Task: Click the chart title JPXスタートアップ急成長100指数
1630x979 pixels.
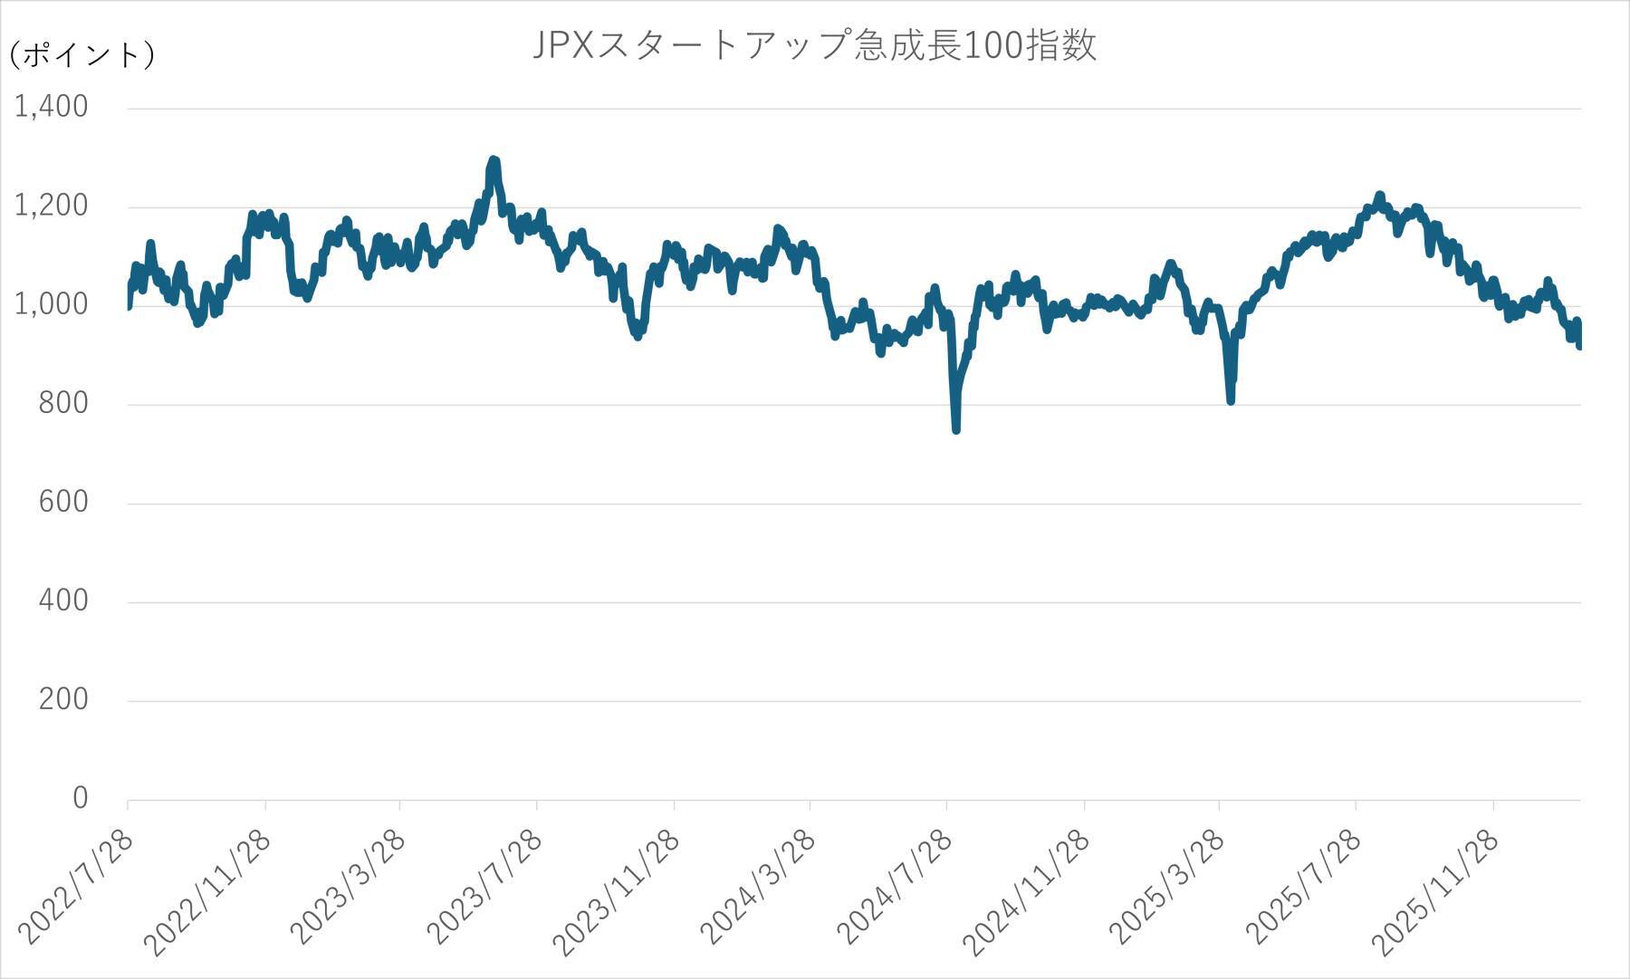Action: [814, 45]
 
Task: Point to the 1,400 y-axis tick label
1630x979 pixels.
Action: [52, 107]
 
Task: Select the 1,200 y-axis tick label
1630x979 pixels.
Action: [52, 206]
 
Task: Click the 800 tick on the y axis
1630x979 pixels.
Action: [63, 403]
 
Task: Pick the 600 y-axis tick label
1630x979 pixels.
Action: [63, 502]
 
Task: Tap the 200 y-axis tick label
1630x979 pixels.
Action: [63, 699]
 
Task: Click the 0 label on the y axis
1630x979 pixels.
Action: [81, 798]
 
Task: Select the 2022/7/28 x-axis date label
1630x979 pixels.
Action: [77, 888]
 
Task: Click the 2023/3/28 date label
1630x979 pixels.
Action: [349, 888]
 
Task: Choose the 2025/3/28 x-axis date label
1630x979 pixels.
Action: [1168, 888]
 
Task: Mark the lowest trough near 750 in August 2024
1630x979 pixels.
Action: [956, 429]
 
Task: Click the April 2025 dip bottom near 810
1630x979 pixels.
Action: [1231, 399]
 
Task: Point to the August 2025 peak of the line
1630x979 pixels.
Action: [1379, 196]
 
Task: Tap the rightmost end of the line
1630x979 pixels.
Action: [1579, 344]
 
